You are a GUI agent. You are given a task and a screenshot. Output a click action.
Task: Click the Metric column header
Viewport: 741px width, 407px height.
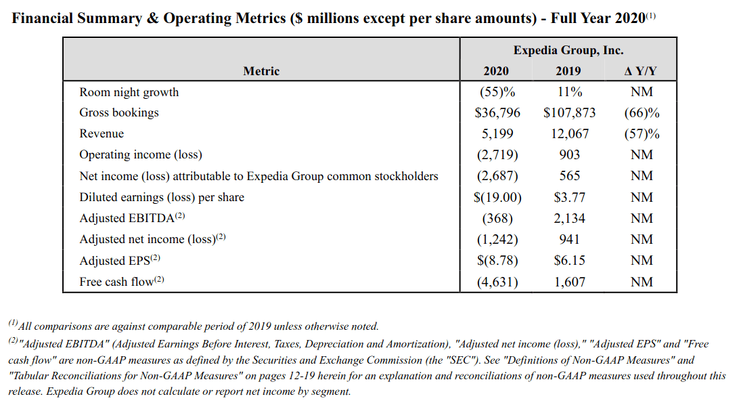click(x=261, y=71)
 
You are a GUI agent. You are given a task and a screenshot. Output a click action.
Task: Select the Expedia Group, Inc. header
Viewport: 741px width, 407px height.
click(x=568, y=50)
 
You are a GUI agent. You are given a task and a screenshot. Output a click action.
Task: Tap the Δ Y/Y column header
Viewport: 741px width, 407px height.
click(x=641, y=71)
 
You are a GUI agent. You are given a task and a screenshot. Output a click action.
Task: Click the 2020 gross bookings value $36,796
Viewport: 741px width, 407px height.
click(x=497, y=112)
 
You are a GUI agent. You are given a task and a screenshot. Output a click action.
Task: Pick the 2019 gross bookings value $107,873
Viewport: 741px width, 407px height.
click(x=570, y=112)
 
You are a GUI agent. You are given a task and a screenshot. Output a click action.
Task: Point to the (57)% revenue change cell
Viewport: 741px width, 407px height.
click(x=642, y=134)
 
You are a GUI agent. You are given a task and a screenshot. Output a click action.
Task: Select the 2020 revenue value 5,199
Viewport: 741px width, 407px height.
click(x=497, y=134)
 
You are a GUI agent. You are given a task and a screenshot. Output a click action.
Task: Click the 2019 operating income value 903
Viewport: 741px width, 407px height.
click(x=570, y=154)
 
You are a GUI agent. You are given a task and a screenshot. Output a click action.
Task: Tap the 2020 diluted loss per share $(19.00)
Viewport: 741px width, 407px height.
click(x=497, y=197)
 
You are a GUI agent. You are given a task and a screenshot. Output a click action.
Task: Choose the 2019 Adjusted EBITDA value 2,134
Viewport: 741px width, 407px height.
click(x=570, y=218)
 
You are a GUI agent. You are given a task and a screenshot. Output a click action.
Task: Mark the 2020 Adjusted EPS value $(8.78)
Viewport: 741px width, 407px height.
click(x=497, y=261)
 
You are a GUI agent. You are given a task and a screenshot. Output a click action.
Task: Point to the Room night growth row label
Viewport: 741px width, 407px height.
click(x=129, y=92)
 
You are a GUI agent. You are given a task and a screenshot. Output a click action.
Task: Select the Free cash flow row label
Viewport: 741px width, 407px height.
click(x=121, y=281)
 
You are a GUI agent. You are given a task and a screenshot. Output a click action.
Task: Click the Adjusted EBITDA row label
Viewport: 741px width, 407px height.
click(x=132, y=218)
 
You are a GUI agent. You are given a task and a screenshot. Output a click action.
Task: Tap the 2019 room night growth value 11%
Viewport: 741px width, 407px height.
click(x=570, y=91)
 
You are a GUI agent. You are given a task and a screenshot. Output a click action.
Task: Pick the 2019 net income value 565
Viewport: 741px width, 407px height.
click(x=570, y=176)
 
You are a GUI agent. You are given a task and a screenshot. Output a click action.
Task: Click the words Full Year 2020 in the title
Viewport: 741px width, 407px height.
click(x=598, y=18)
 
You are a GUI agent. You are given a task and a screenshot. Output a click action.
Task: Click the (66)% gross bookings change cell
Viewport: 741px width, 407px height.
click(x=642, y=113)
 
